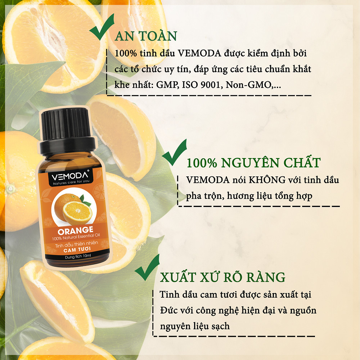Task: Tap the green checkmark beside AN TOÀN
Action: click(102, 27)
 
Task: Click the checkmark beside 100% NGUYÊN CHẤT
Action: click(174, 152)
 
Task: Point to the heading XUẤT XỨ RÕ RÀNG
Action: click(222, 277)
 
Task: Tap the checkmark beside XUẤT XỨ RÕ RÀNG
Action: click(147, 267)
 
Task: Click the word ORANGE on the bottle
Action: click(76, 230)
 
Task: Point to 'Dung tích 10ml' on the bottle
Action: click(78, 256)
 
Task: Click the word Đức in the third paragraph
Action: click(168, 310)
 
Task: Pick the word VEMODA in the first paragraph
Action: click(199, 53)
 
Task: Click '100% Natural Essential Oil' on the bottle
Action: click(76, 237)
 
